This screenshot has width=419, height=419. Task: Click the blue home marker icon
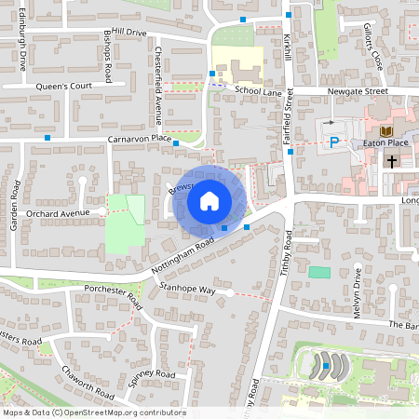[x=209, y=199]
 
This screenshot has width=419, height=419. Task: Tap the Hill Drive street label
[x=128, y=33]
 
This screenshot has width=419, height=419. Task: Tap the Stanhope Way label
[x=187, y=290]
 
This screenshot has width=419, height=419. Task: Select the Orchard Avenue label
[x=58, y=213]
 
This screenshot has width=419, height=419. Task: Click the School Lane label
[x=258, y=90]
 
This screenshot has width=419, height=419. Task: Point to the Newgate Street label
[x=358, y=92]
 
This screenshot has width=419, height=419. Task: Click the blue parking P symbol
[x=333, y=142]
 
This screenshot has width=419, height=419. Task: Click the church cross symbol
[x=391, y=160]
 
